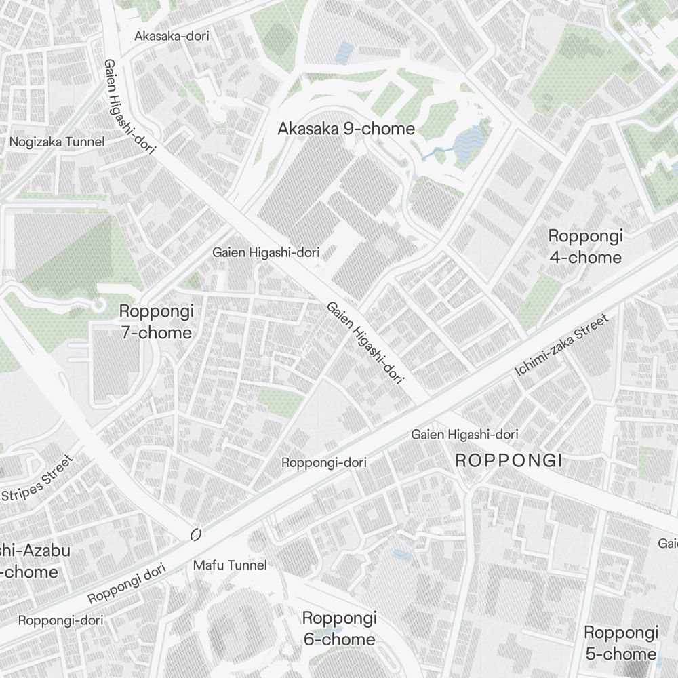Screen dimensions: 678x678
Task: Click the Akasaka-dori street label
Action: (x=172, y=35)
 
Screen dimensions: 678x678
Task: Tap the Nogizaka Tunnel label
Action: (x=57, y=142)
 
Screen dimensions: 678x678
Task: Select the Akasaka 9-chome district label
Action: (x=346, y=128)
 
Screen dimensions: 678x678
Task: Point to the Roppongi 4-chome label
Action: (x=584, y=247)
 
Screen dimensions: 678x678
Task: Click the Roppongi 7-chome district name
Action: (x=156, y=322)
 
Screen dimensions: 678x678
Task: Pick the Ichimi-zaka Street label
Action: (x=562, y=345)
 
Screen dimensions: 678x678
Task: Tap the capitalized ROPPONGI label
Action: (x=509, y=461)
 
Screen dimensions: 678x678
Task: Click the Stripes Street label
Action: (x=37, y=479)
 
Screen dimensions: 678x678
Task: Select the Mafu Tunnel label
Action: (x=230, y=565)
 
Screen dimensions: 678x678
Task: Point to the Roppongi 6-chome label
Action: (x=338, y=629)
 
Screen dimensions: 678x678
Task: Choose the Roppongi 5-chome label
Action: (x=620, y=643)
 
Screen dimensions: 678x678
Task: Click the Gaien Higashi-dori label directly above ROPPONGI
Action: (x=464, y=434)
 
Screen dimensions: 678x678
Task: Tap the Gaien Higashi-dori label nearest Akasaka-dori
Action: (x=126, y=107)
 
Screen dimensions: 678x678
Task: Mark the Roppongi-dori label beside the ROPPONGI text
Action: (x=323, y=462)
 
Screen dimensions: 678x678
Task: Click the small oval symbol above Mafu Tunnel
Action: (x=196, y=535)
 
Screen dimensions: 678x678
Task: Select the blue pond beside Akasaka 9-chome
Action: (x=469, y=143)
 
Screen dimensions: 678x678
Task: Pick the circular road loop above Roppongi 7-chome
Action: (x=98, y=305)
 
